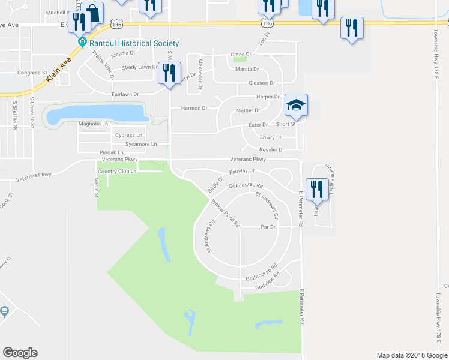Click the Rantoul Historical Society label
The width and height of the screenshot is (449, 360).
133,43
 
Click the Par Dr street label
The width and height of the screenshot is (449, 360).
268,227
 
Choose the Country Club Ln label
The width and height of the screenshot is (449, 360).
117,172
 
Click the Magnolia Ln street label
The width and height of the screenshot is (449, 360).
93,124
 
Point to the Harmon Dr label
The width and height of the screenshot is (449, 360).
194,109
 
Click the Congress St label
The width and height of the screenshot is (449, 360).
32,73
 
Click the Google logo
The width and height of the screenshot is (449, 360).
20,352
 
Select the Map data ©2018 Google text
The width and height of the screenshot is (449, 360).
411,355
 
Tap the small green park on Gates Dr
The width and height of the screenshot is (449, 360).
240,59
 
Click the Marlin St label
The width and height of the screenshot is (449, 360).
96,186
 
